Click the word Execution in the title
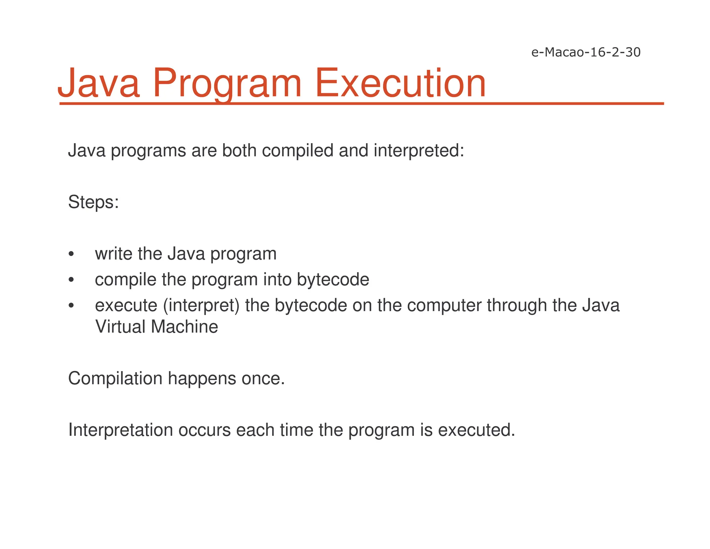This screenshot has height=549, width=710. coord(400,83)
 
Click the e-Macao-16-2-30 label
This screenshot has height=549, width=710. coord(586,52)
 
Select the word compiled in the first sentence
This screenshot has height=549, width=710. coord(298,151)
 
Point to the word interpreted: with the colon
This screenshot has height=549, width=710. coord(419,151)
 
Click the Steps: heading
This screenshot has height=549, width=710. coord(94,202)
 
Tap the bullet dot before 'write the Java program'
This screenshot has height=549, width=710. coord(71,254)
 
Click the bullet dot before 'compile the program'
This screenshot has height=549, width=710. coord(71,280)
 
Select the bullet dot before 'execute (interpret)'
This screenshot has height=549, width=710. coord(71,306)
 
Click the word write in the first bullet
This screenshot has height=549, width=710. coord(113,254)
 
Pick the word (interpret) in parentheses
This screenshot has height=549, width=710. coord(201,306)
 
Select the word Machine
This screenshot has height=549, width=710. coord(184,327)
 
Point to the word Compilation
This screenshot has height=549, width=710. coord(115,379)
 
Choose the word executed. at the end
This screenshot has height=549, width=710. coord(477,430)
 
